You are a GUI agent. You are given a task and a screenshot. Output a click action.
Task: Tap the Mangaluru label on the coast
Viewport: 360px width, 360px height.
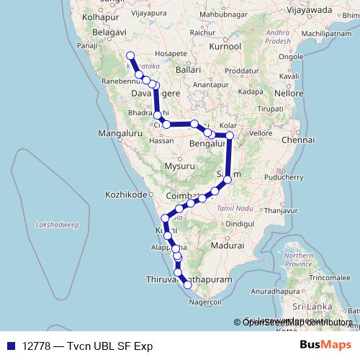coord(119,133)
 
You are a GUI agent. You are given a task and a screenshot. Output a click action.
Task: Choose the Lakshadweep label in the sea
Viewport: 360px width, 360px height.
coord(57,225)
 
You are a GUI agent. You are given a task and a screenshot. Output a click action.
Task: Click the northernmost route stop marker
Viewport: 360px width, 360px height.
coord(130,56)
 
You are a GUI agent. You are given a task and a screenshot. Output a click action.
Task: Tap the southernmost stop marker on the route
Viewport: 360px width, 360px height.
coord(189,285)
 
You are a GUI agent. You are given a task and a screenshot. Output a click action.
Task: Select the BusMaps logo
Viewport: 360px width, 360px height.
coord(325,345)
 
